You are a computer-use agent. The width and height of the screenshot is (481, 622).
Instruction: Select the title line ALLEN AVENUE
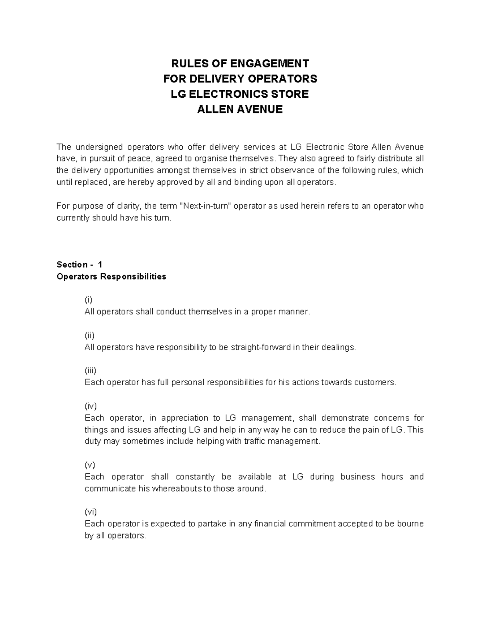click(240, 109)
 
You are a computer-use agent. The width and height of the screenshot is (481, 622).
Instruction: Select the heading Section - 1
click(79, 264)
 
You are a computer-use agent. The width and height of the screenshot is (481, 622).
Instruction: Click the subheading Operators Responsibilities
click(111, 276)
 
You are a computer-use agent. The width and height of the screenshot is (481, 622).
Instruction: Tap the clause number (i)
click(88, 300)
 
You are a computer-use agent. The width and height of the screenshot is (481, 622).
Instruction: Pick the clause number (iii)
click(90, 370)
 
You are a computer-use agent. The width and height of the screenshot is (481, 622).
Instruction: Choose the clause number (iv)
click(91, 406)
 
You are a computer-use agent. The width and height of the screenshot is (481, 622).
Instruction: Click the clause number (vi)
click(91, 512)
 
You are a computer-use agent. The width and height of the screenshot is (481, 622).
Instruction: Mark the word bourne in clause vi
click(411, 524)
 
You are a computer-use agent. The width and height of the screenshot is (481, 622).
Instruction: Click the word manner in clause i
click(297, 312)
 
